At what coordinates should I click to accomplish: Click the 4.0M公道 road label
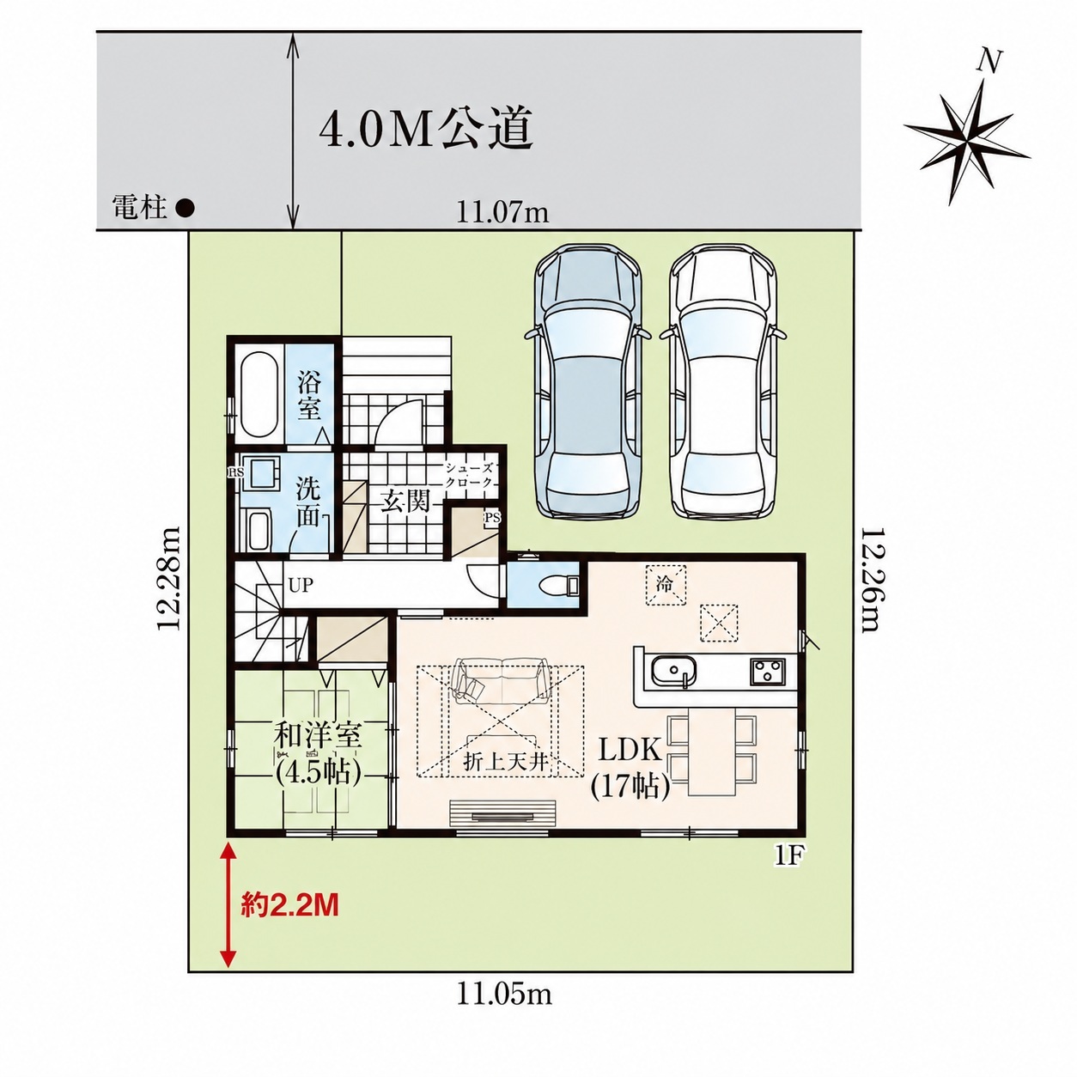point(425,130)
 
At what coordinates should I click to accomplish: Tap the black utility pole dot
point(185,209)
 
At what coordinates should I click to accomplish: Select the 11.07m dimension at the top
point(503,213)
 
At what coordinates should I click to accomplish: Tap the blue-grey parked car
point(588,381)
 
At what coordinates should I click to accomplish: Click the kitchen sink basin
point(673,670)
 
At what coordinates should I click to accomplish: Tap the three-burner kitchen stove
point(768,669)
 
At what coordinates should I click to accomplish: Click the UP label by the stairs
point(301,585)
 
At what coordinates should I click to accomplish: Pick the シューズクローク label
point(468,475)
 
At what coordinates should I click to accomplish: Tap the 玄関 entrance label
point(406,502)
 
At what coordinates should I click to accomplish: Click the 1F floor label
point(788,857)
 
